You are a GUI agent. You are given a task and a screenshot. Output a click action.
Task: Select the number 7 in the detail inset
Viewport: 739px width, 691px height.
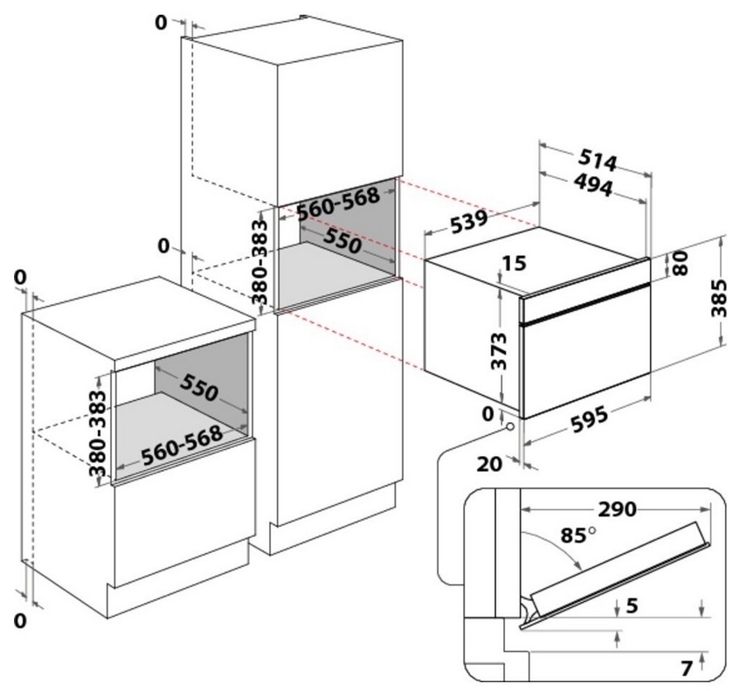click(x=687, y=668)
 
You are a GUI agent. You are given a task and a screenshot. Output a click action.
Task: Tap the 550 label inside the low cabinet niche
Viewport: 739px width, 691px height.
click(x=199, y=390)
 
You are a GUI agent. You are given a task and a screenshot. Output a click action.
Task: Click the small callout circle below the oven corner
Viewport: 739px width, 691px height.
click(x=508, y=428)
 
